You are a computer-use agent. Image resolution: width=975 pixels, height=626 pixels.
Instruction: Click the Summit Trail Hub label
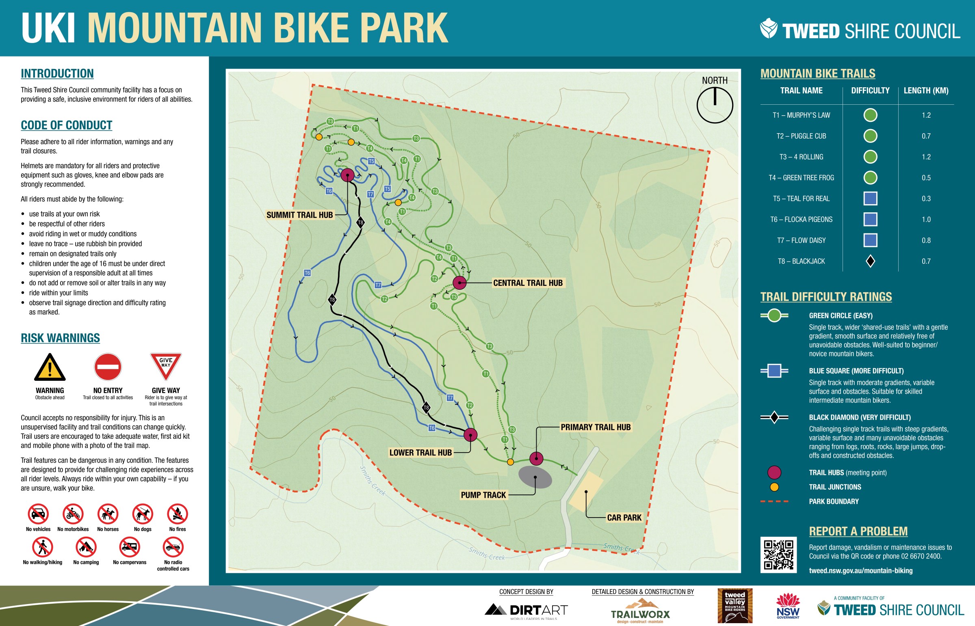299,215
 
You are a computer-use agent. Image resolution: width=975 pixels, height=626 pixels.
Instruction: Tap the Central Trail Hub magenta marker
459,283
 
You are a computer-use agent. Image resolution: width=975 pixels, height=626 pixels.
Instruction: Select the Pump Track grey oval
535,477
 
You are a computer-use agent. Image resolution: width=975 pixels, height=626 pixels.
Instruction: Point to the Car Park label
624,518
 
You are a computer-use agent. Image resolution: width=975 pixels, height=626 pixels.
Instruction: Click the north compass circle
715,105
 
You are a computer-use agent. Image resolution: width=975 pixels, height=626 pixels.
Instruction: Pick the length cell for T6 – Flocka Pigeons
926,220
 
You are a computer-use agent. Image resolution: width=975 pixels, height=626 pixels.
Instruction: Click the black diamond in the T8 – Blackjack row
870,261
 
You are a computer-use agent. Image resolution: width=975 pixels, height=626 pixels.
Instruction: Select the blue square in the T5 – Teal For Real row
870,199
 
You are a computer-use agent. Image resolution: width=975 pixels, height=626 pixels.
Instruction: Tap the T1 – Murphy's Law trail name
801,115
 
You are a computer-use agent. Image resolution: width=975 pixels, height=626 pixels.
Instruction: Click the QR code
778,555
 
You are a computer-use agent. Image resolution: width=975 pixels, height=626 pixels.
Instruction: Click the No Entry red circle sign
108,367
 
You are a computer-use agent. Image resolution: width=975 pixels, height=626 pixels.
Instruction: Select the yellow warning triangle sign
50,367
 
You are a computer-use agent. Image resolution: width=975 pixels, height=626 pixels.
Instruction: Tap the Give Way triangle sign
166,365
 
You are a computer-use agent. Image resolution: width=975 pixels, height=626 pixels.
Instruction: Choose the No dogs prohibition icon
143,514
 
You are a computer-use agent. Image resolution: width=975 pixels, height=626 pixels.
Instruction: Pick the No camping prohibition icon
86,547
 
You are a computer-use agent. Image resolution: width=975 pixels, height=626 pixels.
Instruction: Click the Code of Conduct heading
66,125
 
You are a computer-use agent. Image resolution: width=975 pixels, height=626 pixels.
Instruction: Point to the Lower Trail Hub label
420,452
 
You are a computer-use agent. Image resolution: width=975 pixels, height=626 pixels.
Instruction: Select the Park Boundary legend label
834,501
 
